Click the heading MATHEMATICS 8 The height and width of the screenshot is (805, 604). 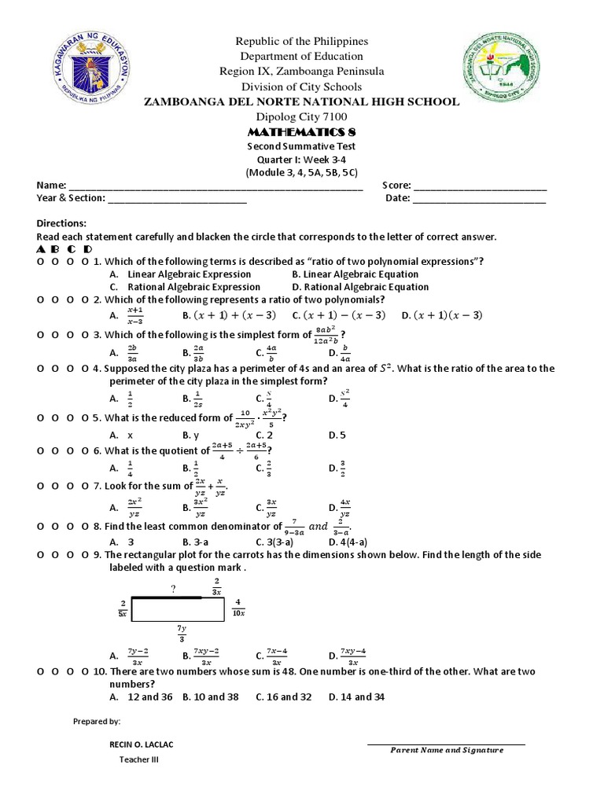tap(301, 131)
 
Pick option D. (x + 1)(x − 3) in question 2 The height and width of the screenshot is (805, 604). tap(441, 315)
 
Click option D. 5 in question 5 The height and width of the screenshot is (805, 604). tap(337, 434)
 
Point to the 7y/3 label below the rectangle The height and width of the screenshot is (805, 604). tap(182, 634)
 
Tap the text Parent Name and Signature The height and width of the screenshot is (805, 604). tap(447, 750)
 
